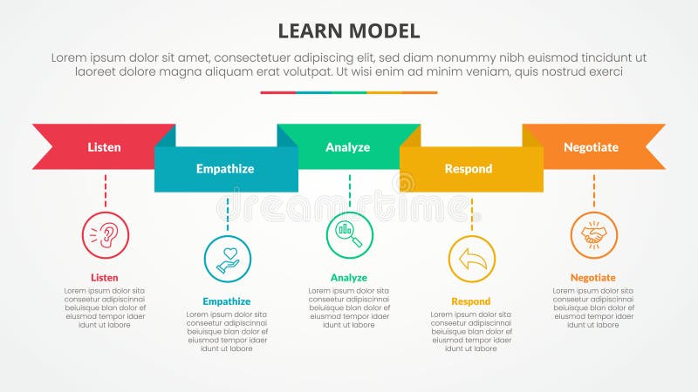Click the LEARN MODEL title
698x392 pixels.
pyautogui.click(x=348, y=31)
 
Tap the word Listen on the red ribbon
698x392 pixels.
pyautogui.click(x=105, y=147)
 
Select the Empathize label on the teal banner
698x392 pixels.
pyautogui.click(x=224, y=168)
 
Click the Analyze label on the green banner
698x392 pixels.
pyautogui.click(x=347, y=147)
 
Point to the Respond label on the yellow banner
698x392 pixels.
pyautogui.click(x=469, y=168)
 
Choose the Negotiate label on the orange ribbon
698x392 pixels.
pyautogui.click(x=591, y=147)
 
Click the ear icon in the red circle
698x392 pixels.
pyautogui.click(x=106, y=235)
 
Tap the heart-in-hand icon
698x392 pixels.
pyautogui.click(x=228, y=260)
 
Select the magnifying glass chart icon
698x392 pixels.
pyautogui.click(x=349, y=235)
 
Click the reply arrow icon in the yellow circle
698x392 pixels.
pyautogui.click(x=472, y=260)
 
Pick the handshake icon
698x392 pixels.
pyautogui.click(x=593, y=235)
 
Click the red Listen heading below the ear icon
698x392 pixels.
pyautogui.click(x=105, y=278)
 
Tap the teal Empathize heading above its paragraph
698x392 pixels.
pyautogui.click(x=227, y=301)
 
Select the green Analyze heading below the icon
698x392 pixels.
pyautogui.click(x=349, y=278)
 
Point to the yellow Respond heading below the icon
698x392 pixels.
pyautogui.click(x=471, y=301)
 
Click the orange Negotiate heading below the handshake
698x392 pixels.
pyautogui.click(x=593, y=278)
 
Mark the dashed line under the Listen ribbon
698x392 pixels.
pyautogui.click(x=106, y=189)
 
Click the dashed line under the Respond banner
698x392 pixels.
pyautogui.click(x=472, y=213)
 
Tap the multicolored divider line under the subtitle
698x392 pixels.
pyautogui.click(x=348, y=92)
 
